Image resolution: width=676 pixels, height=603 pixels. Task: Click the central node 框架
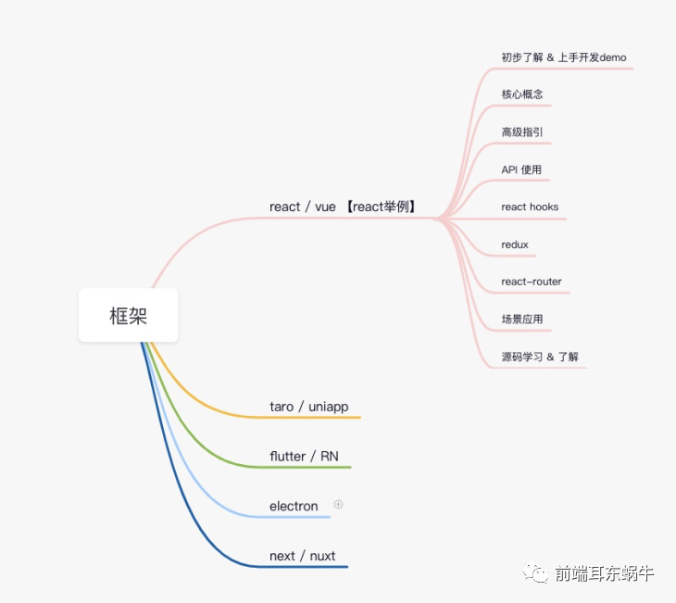pos(128,316)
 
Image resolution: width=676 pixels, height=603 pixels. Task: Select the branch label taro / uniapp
pos(308,407)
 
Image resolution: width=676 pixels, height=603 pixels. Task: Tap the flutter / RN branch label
pos(310,457)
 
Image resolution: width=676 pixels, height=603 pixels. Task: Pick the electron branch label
pos(294,506)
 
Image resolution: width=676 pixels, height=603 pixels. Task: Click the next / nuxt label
pos(303,556)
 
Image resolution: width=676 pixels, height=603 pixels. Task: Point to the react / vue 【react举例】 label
pos(343,207)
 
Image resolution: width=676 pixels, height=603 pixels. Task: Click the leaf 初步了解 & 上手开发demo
pos(563,57)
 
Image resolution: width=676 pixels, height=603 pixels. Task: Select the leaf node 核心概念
pos(521,94)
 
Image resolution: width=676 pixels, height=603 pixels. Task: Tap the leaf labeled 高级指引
pos(521,132)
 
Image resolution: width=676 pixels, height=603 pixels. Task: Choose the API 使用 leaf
pos(521,170)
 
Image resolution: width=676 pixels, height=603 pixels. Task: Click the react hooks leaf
pos(530,207)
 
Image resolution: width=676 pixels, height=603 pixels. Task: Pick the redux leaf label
pos(515,245)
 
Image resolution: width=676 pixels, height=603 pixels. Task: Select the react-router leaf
pos(532,282)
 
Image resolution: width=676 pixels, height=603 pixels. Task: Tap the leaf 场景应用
pos(521,320)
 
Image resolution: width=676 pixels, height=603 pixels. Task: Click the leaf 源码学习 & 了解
pos(540,357)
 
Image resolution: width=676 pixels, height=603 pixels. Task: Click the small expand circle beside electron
pos(338,505)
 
